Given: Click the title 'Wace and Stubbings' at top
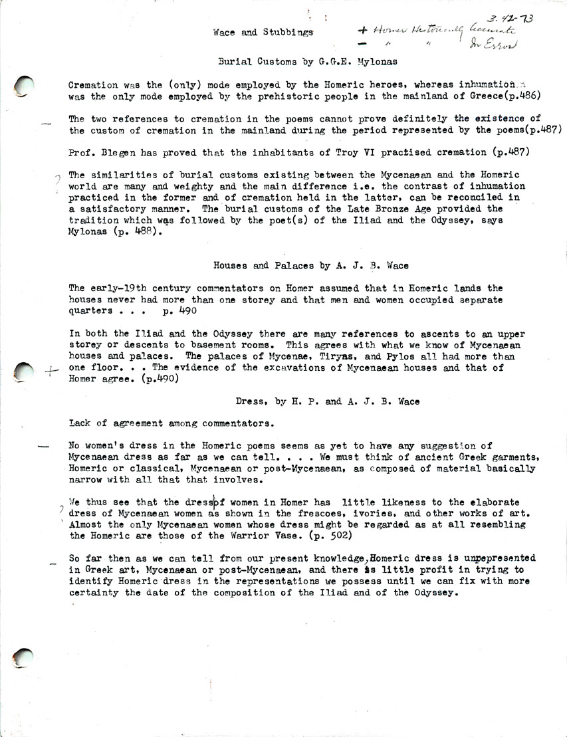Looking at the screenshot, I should coord(263,32).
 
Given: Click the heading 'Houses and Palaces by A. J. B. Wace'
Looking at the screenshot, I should coord(310,266).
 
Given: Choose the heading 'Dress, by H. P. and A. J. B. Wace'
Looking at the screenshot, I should coord(327,401).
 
